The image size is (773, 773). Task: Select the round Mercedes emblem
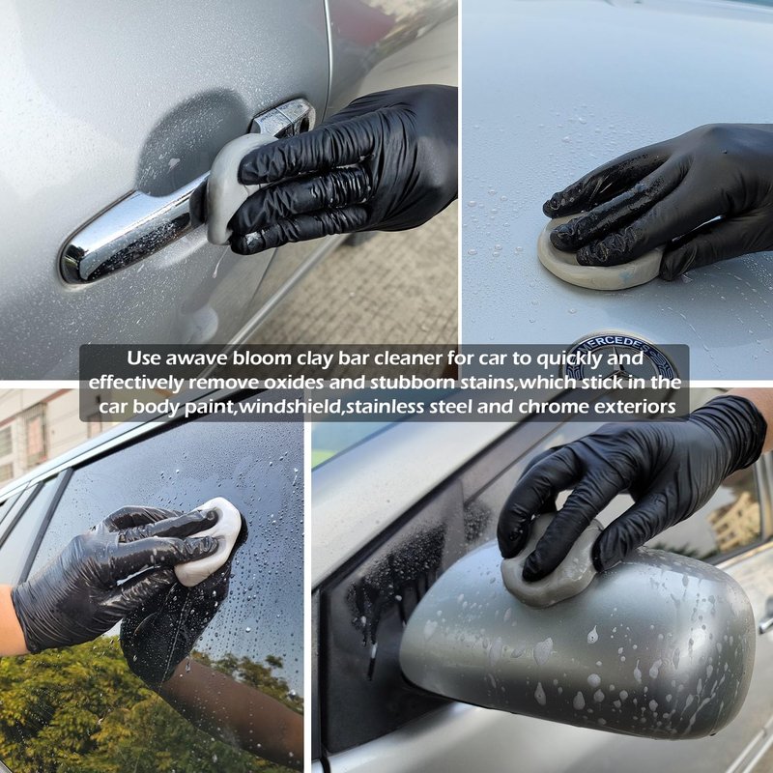click(620, 358)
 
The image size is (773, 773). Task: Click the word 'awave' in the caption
click(196, 358)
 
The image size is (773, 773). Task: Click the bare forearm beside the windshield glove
click(11, 622)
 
